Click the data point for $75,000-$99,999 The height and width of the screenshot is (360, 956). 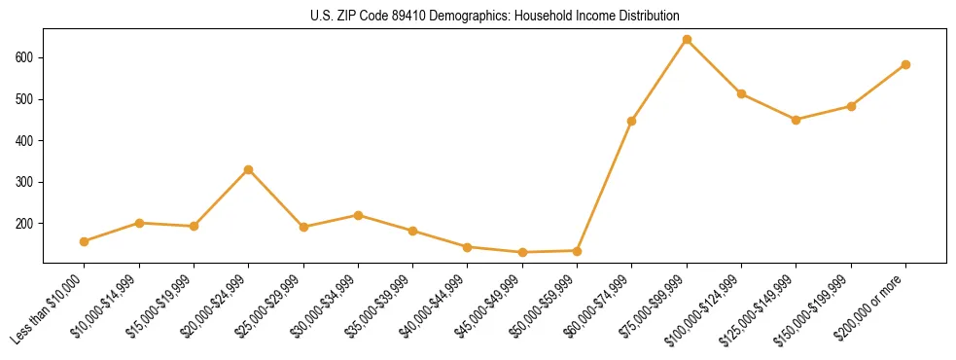pos(687,40)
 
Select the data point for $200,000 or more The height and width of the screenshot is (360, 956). pos(905,65)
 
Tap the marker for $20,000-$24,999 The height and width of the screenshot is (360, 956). pos(249,169)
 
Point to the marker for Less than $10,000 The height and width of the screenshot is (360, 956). pos(85,241)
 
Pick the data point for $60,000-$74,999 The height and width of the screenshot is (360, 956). pos(632,121)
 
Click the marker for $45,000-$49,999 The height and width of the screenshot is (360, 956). pos(522,252)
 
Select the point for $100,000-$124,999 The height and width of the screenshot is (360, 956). pos(741,93)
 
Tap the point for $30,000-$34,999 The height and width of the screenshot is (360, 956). pos(358,215)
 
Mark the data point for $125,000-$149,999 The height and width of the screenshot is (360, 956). pos(797,120)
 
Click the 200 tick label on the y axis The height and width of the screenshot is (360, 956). pos(27,224)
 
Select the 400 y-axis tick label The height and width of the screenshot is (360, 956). pos(27,141)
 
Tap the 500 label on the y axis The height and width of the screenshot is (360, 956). pos(27,99)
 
